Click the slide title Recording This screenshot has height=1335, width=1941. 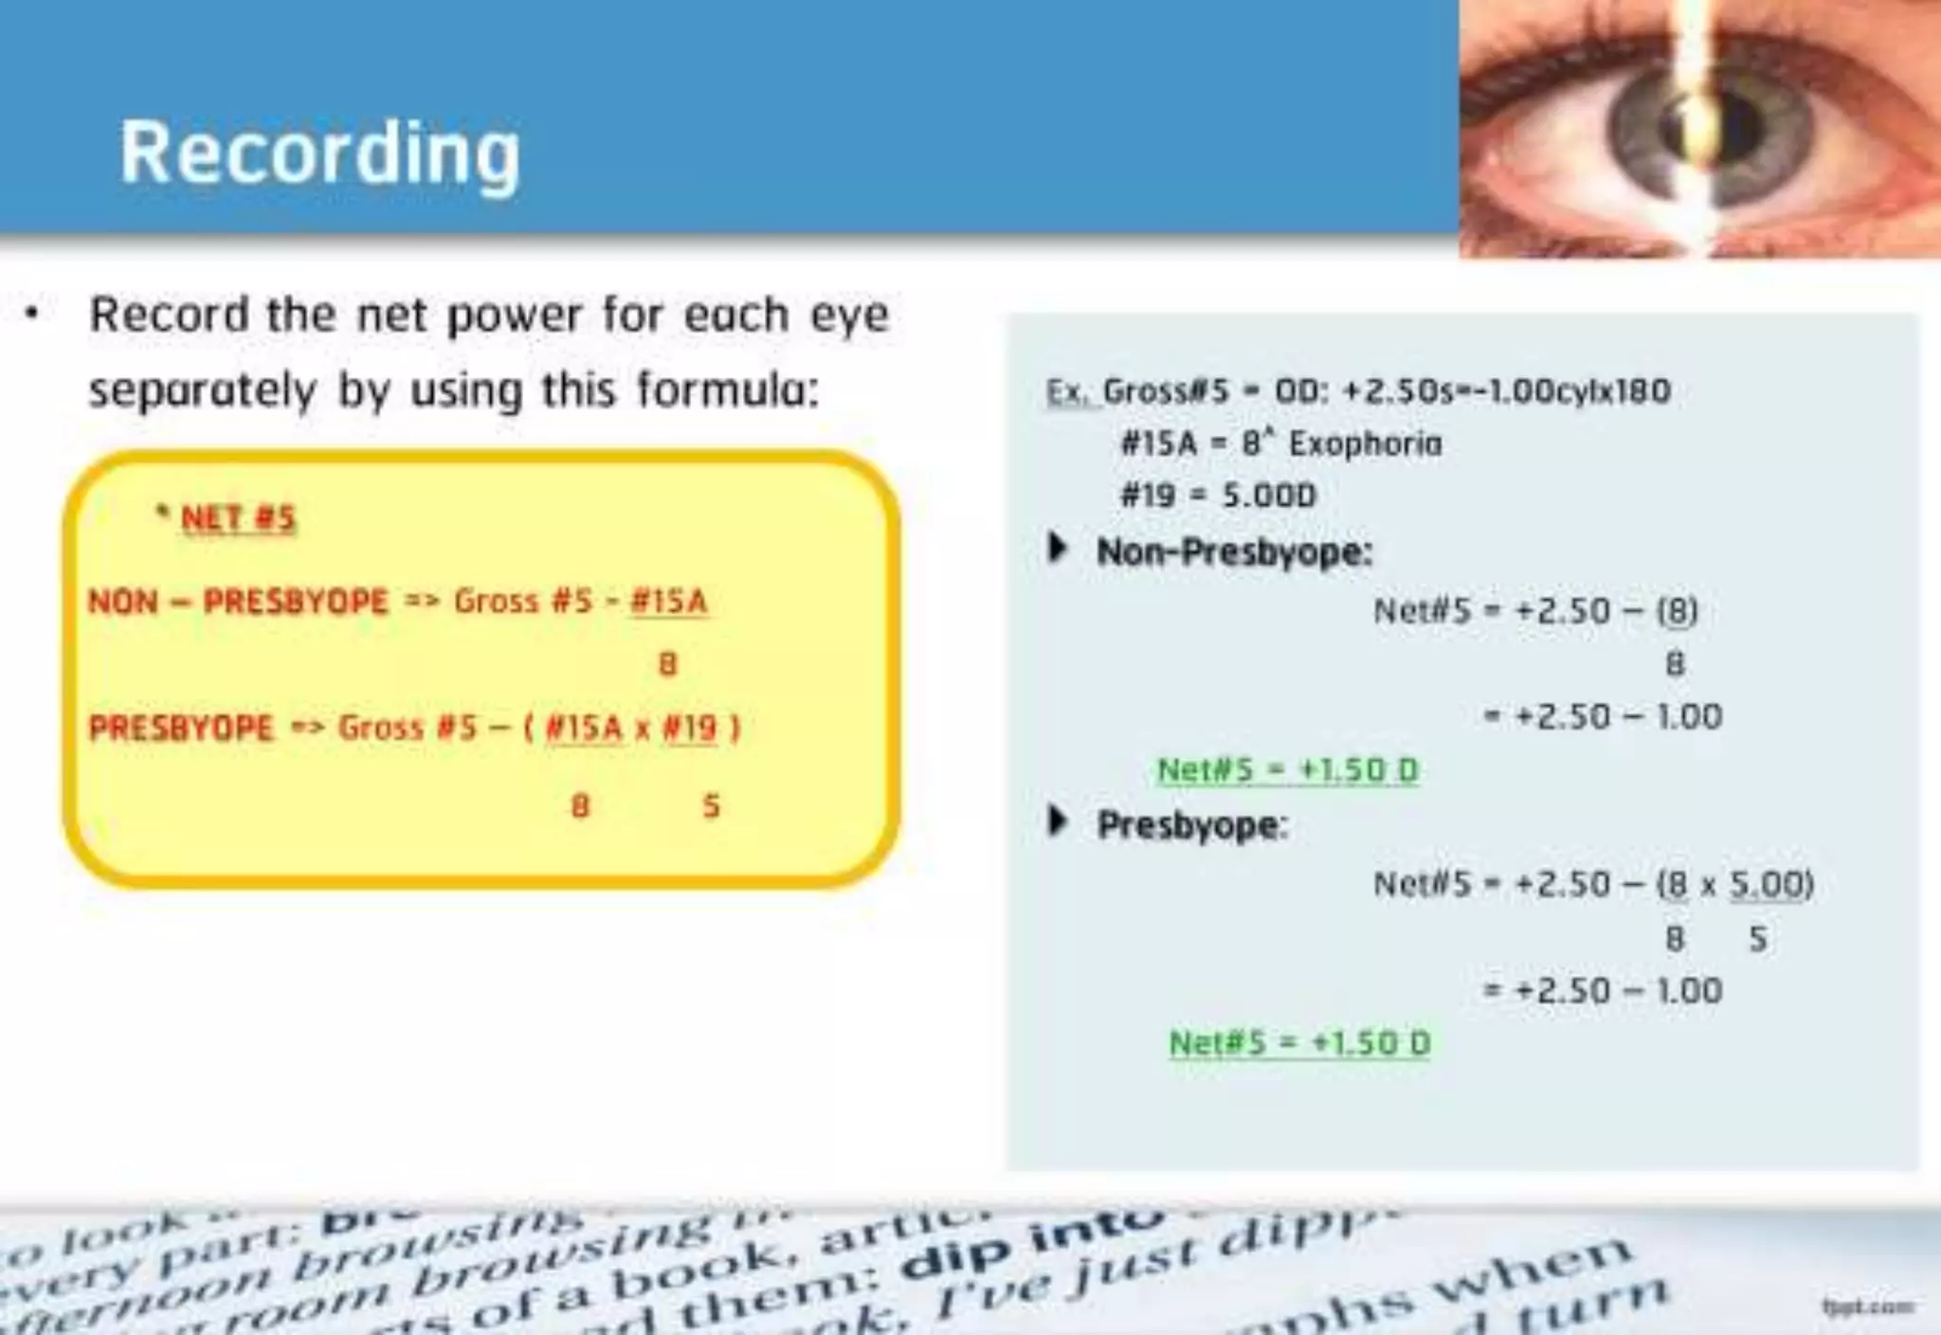coord(319,153)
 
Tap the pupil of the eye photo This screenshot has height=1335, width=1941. coord(1706,128)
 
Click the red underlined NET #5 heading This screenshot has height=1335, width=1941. coord(238,518)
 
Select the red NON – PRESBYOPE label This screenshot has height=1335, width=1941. coord(238,601)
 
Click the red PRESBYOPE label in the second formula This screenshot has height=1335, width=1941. coord(181,728)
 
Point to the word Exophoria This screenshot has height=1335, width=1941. coord(1365,443)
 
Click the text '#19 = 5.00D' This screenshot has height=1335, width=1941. coord(1218,495)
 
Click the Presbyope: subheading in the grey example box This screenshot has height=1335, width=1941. coord(1191,825)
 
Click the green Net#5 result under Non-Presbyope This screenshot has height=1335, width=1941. coord(1287,769)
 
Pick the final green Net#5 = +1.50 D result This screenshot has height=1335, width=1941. coord(1299,1043)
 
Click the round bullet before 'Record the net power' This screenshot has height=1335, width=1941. coord(33,313)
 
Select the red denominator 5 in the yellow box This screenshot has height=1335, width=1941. coord(711,806)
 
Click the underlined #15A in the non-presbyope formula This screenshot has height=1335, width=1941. coord(668,601)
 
